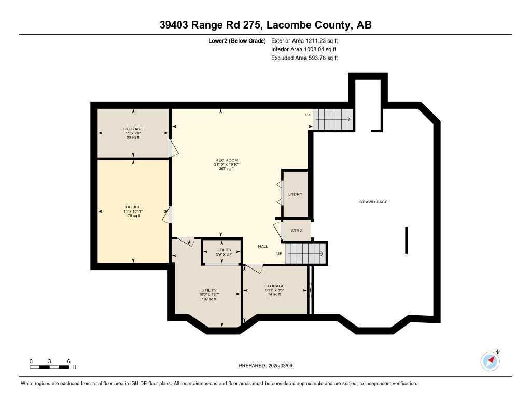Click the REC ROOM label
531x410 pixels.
click(227, 160)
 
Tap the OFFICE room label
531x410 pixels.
click(133, 207)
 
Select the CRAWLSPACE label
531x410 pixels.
click(373, 202)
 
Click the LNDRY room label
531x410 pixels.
click(295, 194)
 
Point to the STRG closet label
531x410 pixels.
click(297, 231)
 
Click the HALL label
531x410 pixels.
click(263, 247)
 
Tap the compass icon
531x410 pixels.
click(491, 361)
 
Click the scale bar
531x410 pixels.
click(49, 367)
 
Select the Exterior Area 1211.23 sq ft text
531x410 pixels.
click(304, 41)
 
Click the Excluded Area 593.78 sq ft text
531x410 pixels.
click(304, 58)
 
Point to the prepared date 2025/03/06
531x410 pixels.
click(280, 366)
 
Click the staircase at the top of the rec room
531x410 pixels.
click(332, 119)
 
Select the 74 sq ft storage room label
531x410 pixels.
click(274, 290)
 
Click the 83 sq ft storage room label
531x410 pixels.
click(133, 133)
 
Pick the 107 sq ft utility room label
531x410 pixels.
click(209, 294)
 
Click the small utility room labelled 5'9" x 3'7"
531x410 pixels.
click(224, 252)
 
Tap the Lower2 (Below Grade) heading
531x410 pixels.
click(237, 41)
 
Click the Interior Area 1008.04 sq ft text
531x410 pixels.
click(304, 49)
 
